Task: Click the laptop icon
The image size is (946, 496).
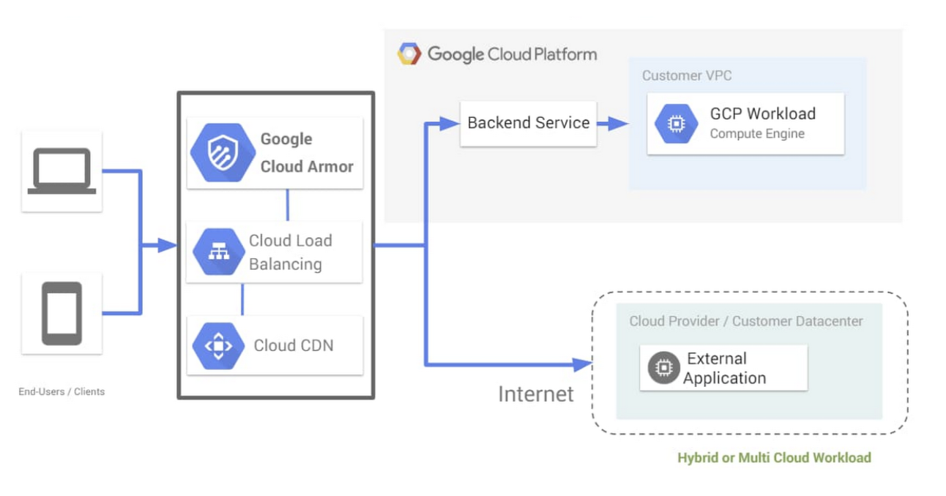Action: point(62,171)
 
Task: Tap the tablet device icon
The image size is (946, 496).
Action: point(62,313)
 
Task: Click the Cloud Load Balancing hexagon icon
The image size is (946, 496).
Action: point(218,251)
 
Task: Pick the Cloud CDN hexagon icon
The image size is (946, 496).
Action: point(218,345)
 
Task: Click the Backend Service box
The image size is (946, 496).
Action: point(528,123)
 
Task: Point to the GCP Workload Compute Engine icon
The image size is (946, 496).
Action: point(677,124)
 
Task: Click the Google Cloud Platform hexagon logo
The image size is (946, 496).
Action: point(409,53)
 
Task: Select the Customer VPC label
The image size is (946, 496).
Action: point(687,75)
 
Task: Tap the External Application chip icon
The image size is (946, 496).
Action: point(663,368)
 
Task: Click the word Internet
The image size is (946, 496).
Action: point(535,394)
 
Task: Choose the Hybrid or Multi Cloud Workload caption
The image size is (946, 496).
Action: point(774,458)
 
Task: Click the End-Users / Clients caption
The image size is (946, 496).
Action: point(62,391)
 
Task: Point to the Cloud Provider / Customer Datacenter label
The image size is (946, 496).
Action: point(746,321)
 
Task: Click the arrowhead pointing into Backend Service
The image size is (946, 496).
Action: point(450,124)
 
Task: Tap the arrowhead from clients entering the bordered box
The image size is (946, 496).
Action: point(169,246)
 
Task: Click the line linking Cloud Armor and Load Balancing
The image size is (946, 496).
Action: point(287,205)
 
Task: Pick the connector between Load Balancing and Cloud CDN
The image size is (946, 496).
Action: point(242,299)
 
